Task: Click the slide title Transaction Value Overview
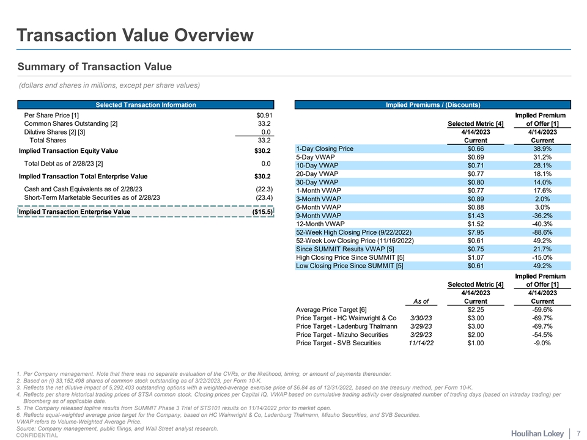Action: point(135,35)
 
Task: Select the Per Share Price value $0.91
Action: point(264,116)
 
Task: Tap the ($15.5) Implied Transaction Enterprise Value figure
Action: point(262,212)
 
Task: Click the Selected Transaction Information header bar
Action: point(146,105)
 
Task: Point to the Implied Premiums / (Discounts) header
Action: point(432,105)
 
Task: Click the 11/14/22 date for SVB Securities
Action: point(421,343)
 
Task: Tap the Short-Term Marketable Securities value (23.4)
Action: point(264,197)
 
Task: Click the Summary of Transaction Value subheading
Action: point(95,67)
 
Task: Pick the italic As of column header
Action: point(421,301)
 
